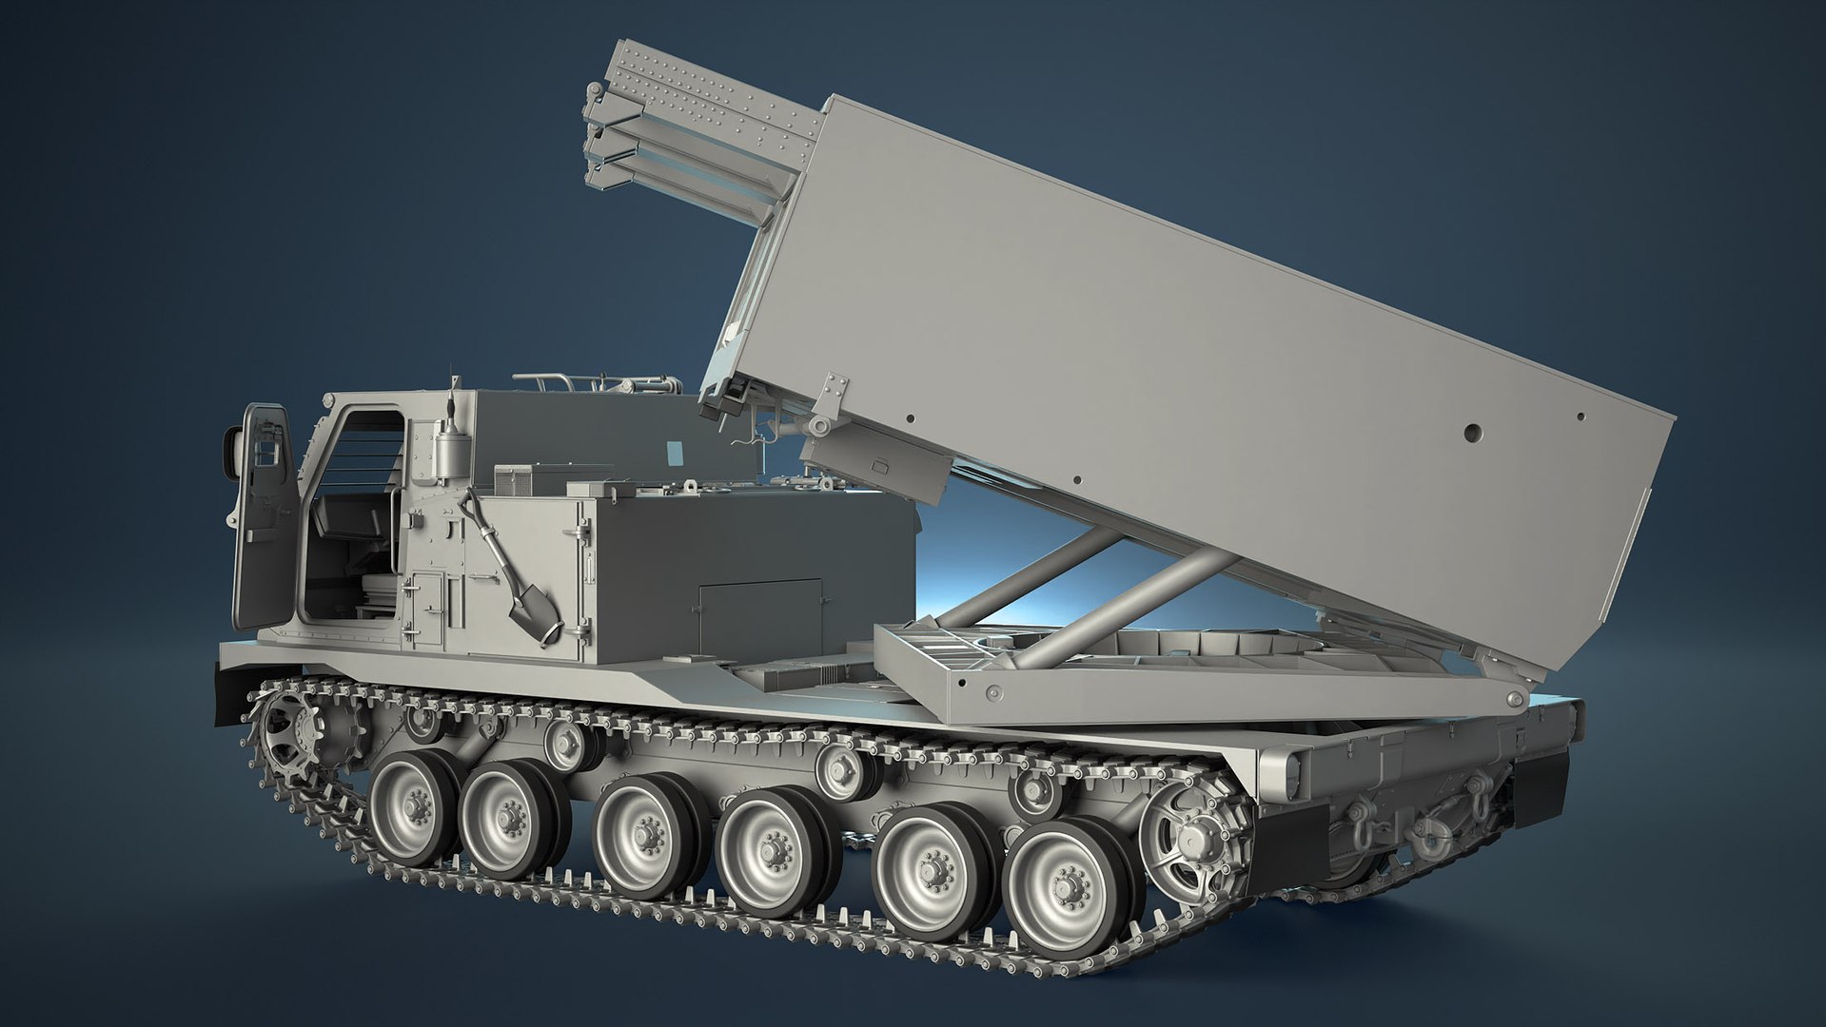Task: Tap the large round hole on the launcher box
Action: pos(1474,433)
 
